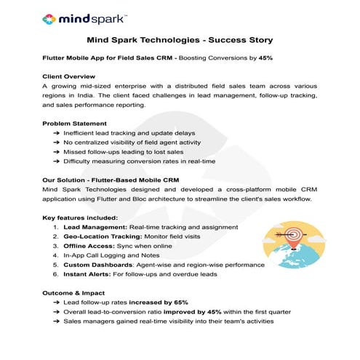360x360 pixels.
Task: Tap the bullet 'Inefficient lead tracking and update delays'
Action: click(140, 133)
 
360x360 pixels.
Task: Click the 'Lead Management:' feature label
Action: click(94, 228)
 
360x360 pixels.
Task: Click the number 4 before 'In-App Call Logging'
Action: click(55, 256)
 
